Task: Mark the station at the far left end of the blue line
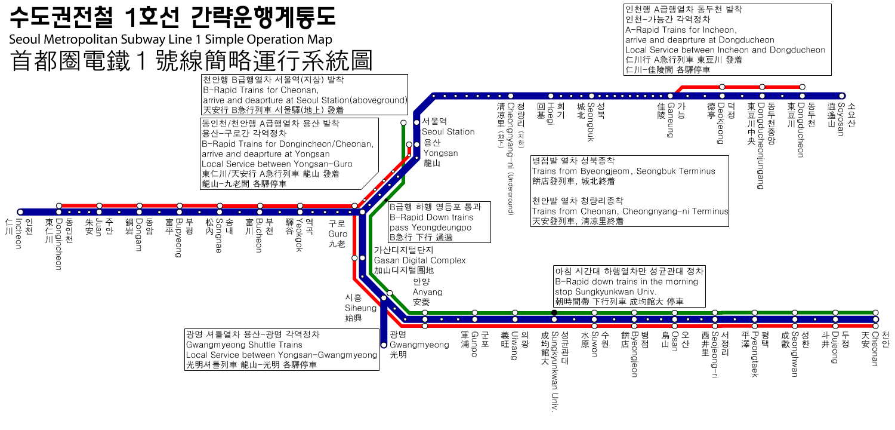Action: click(20, 212)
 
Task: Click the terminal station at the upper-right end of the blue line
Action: click(842, 96)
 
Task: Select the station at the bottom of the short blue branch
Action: click(384, 345)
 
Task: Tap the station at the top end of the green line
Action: click(403, 123)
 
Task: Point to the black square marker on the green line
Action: click(554, 312)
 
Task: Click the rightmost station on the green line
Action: click(875, 312)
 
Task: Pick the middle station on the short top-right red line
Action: click(762, 87)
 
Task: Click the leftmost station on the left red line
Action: click(59, 205)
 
